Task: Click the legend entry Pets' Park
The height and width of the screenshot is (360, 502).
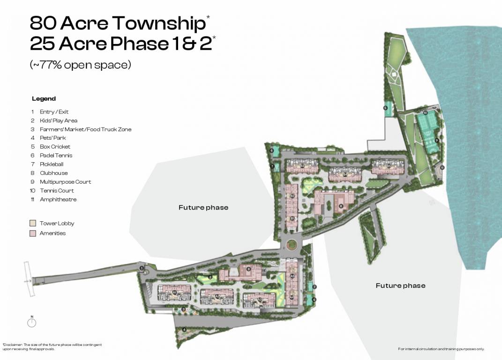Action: coord(52,138)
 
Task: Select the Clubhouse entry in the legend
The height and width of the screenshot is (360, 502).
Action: coord(53,173)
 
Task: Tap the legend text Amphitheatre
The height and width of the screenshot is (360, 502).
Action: coord(58,199)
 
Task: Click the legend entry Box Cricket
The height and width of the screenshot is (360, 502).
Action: coord(55,147)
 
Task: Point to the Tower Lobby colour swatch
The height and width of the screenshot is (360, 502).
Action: coord(32,223)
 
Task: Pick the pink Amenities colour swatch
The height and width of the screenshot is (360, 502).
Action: coord(32,233)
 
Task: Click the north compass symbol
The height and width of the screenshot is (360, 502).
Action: coord(32,322)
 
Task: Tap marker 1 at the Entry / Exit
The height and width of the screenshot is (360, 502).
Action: coord(142,268)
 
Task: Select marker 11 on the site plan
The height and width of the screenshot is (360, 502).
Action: coord(442,167)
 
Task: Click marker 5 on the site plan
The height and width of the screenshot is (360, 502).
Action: coord(385,108)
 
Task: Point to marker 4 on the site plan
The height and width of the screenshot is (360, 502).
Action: coord(184,330)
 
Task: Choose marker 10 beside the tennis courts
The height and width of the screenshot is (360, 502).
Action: coord(425,113)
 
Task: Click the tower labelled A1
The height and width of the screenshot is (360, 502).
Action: coord(174,292)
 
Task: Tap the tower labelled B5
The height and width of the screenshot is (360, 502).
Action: coord(389,166)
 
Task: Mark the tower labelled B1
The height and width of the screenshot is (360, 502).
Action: coord(292,218)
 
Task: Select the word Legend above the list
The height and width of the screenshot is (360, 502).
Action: coord(44,98)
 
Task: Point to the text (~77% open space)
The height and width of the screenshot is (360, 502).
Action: coord(80,65)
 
